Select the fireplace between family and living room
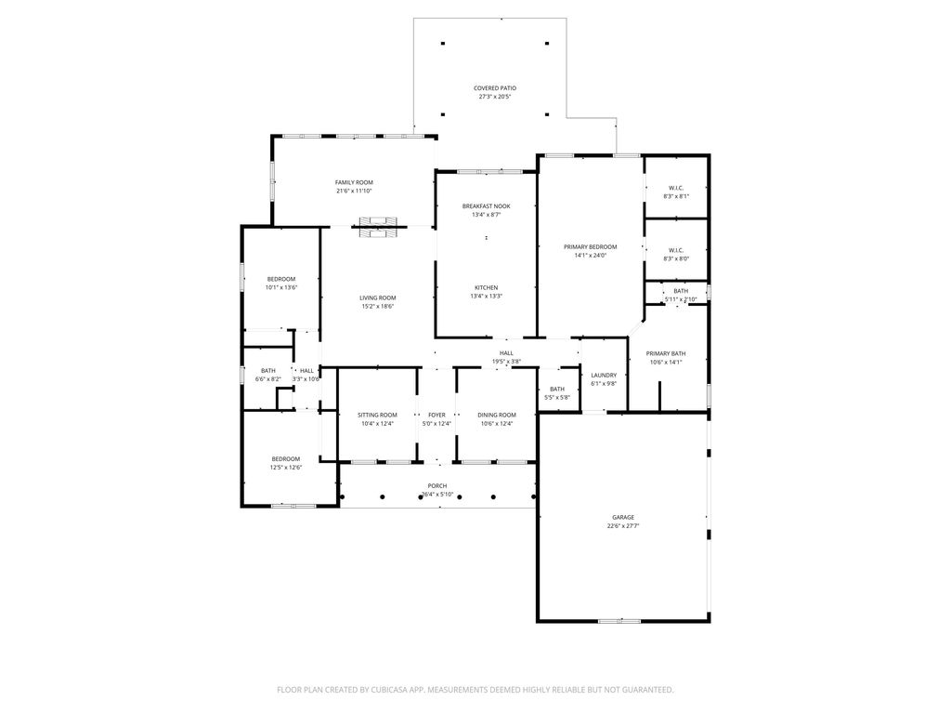pos(378,227)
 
